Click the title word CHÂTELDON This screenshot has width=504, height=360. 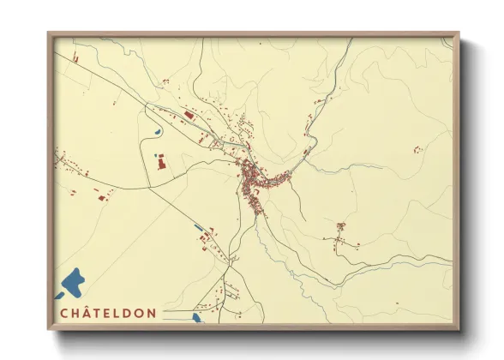(x=108, y=313)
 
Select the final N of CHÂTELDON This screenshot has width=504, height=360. (x=152, y=313)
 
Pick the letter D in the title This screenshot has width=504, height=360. (x=127, y=313)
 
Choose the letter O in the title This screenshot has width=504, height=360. (x=139, y=313)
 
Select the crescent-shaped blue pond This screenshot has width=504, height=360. (x=159, y=131)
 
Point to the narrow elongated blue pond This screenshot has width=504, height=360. (x=199, y=226)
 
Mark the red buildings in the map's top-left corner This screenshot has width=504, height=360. (x=74, y=58)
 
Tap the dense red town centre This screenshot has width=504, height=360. (x=253, y=178)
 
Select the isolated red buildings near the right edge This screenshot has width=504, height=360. (x=417, y=150)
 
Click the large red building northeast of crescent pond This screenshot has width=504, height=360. (x=189, y=115)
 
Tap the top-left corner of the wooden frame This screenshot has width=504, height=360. (x=49, y=34)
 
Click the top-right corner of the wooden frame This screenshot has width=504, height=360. (x=458, y=34)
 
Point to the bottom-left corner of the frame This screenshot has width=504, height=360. (x=49, y=329)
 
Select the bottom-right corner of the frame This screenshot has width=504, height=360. (x=458, y=329)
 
